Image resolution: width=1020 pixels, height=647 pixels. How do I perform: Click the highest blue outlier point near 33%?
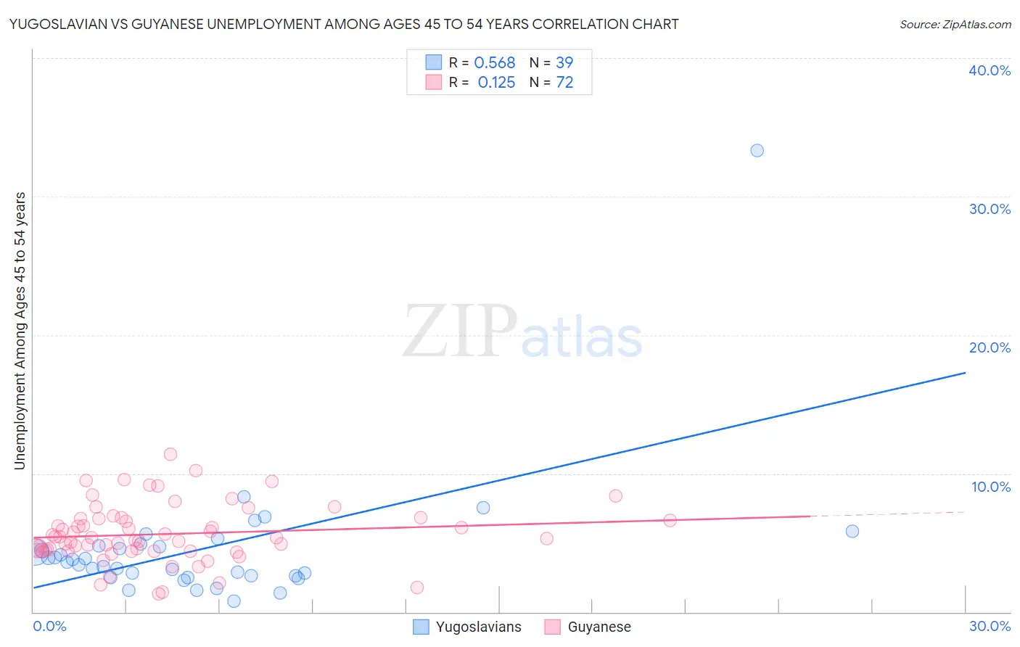click(757, 151)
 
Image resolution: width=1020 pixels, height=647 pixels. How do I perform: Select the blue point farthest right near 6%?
click(852, 531)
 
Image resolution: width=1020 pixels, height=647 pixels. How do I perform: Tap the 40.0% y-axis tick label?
click(990, 70)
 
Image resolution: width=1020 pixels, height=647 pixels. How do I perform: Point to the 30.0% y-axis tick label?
click(990, 209)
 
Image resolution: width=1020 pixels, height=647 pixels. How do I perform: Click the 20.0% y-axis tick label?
click(990, 347)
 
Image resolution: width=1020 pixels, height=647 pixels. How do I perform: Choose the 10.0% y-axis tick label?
click(991, 487)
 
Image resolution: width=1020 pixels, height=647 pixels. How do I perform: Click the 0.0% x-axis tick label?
click(49, 626)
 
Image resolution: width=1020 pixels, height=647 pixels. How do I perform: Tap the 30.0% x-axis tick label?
click(990, 626)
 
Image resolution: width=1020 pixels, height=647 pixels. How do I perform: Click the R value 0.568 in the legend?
click(494, 63)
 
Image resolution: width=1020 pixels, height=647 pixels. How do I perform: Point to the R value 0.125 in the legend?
click(496, 83)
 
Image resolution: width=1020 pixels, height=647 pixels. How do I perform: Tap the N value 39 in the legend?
click(564, 63)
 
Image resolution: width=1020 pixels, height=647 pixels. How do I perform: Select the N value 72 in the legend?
click(564, 83)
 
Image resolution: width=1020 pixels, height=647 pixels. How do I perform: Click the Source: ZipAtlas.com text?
click(955, 25)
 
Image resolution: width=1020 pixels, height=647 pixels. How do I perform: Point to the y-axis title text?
click(20, 331)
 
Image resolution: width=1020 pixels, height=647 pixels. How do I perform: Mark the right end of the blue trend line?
click(965, 373)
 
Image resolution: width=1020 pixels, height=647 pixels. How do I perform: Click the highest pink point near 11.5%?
click(170, 454)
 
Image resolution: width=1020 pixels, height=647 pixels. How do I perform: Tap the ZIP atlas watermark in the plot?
click(522, 331)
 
